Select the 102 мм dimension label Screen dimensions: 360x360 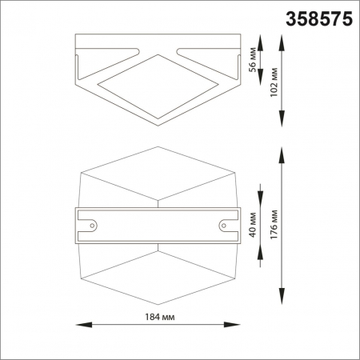tap(274, 81)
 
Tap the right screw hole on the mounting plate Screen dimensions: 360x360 tap(223, 225)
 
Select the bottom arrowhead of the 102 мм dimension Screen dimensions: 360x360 tap(282, 123)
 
